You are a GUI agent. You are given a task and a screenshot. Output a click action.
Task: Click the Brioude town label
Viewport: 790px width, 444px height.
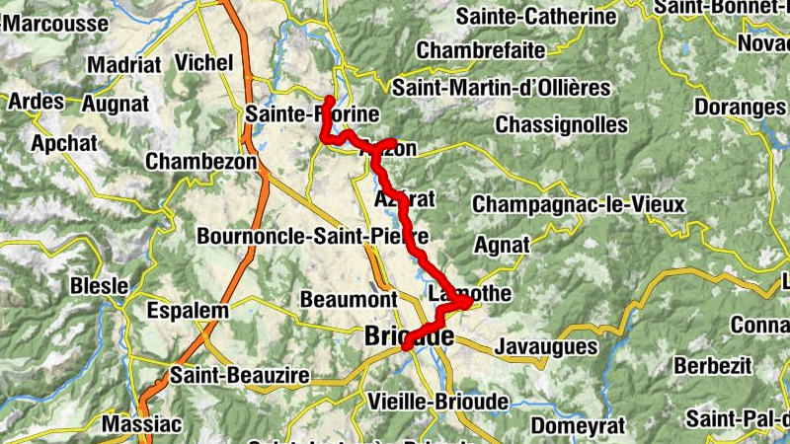(x=408, y=336)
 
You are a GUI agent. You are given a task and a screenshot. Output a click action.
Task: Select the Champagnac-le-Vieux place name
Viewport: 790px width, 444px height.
(x=578, y=204)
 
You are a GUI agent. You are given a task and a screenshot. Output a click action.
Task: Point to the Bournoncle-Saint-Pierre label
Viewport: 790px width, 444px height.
(x=312, y=237)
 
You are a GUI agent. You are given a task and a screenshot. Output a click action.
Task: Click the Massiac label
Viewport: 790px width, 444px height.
(x=142, y=425)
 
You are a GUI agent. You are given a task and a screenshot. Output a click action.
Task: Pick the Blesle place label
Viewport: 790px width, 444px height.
(x=99, y=286)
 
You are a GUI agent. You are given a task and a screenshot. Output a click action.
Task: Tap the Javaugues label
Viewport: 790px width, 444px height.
(x=546, y=346)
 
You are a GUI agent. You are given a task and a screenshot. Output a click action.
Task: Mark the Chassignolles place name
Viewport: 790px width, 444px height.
(x=561, y=125)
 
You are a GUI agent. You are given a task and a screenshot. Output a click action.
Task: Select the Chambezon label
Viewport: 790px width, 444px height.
(x=200, y=161)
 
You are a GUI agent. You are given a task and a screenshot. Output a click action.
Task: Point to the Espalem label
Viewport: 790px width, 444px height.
(x=188, y=311)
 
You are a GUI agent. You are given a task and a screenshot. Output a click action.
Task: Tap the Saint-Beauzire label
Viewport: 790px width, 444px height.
(x=240, y=376)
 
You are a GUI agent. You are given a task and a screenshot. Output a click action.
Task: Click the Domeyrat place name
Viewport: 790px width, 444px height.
(x=578, y=426)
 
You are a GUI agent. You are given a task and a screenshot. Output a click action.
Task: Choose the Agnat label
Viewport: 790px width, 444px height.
(x=502, y=244)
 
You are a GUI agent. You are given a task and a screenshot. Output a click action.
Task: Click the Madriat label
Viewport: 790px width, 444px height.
(x=123, y=65)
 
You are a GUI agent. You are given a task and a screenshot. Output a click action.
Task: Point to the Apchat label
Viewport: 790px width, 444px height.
(x=64, y=143)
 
